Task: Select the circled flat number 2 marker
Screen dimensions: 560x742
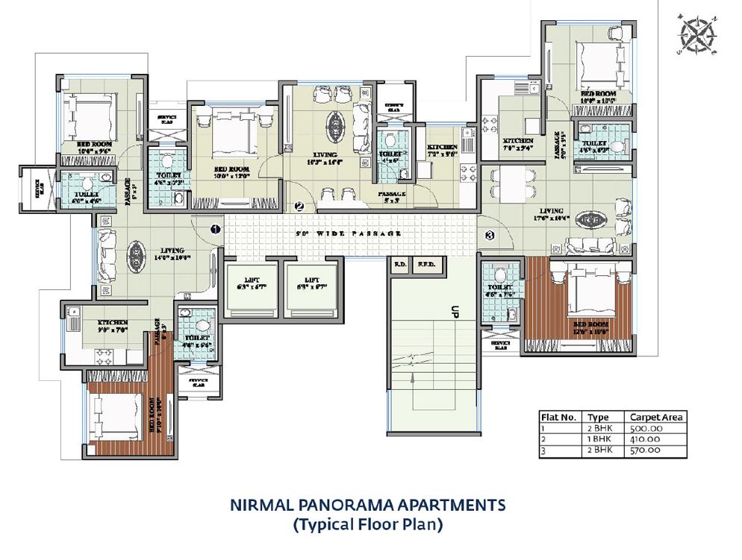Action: coord(299,207)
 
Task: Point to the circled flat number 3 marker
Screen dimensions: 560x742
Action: coord(490,236)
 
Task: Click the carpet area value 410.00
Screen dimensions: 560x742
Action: coord(646,439)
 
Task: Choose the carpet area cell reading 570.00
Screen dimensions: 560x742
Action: coord(646,450)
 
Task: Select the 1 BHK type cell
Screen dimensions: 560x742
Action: coord(597,439)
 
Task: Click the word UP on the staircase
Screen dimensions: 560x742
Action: coord(452,312)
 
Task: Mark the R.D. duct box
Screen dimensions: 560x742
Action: coord(400,264)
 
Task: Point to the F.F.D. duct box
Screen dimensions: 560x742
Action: coord(428,264)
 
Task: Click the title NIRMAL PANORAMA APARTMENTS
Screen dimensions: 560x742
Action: coord(368,505)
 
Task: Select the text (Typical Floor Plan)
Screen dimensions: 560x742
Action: coord(368,525)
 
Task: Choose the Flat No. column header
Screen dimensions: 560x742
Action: coord(558,418)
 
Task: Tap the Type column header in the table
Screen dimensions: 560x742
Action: coord(598,418)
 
